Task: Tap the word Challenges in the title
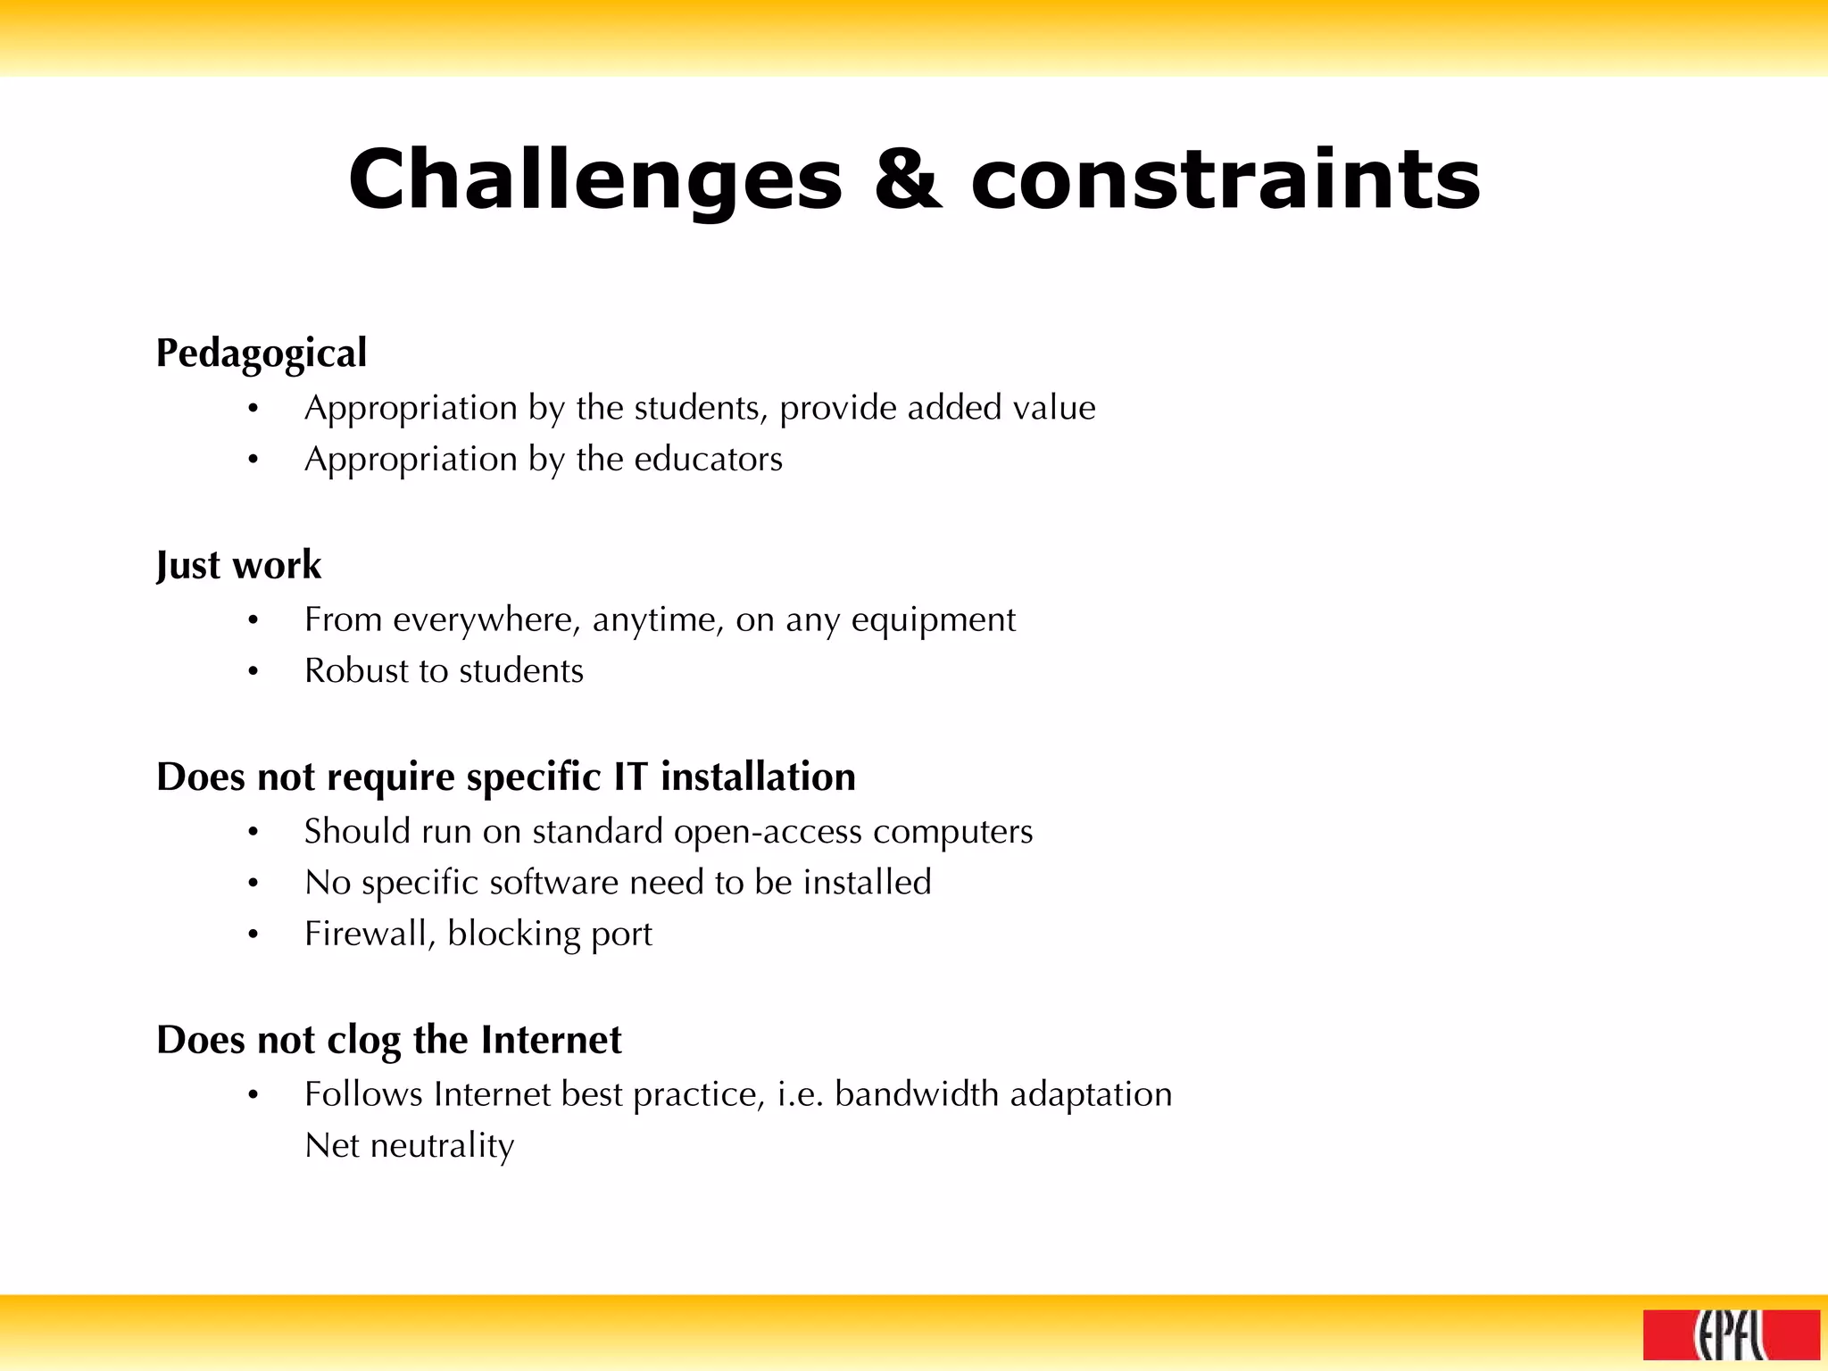pyautogui.click(x=595, y=180)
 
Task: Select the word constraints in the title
pyautogui.click(x=1226, y=180)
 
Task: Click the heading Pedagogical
pyautogui.click(x=262, y=353)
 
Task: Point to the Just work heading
pyautogui.click(x=238, y=565)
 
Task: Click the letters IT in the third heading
pyautogui.click(x=630, y=777)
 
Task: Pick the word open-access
pyautogui.click(x=768, y=831)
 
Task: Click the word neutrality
pyautogui.click(x=442, y=1145)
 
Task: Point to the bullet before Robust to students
pyautogui.click(x=253, y=671)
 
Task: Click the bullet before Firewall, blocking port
pyautogui.click(x=253, y=935)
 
